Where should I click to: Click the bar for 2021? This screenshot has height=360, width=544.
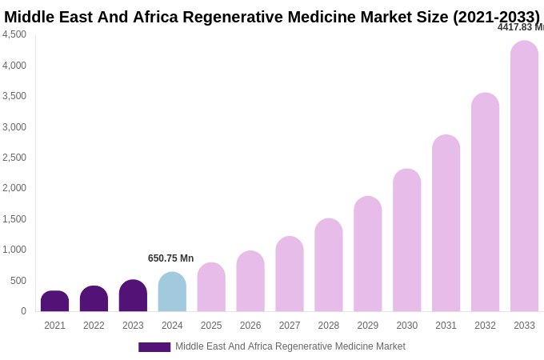(54, 302)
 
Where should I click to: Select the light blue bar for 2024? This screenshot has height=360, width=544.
(172, 292)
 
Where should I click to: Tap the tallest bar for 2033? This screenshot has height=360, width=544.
(524, 176)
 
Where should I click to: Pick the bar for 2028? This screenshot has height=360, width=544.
(328, 265)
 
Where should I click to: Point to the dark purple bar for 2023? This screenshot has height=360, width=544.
(133, 296)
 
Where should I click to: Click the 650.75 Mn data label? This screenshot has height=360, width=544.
(170, 258)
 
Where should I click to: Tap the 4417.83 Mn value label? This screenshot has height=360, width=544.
(520, 27)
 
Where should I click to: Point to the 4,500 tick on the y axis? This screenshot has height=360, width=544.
(14, 34)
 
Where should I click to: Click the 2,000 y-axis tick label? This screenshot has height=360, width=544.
(14, 188)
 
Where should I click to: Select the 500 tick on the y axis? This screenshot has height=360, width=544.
(18, 281)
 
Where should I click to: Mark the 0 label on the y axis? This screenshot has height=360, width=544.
(23, 311)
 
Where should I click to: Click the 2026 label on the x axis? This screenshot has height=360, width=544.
(250, 326)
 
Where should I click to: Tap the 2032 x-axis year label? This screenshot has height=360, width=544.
(485, 326)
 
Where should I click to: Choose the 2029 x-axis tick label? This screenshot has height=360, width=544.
(367, 326)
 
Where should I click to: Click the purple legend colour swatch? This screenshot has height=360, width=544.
(154, 347)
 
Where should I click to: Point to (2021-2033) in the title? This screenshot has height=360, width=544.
(496, 17)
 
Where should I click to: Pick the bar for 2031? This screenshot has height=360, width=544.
(446, 223)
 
